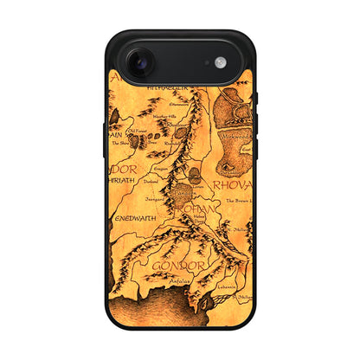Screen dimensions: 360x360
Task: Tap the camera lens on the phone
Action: [x=139, y=62]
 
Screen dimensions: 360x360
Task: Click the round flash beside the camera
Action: [x=220, y=62]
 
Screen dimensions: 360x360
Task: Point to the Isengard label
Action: [x=155, y=198]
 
